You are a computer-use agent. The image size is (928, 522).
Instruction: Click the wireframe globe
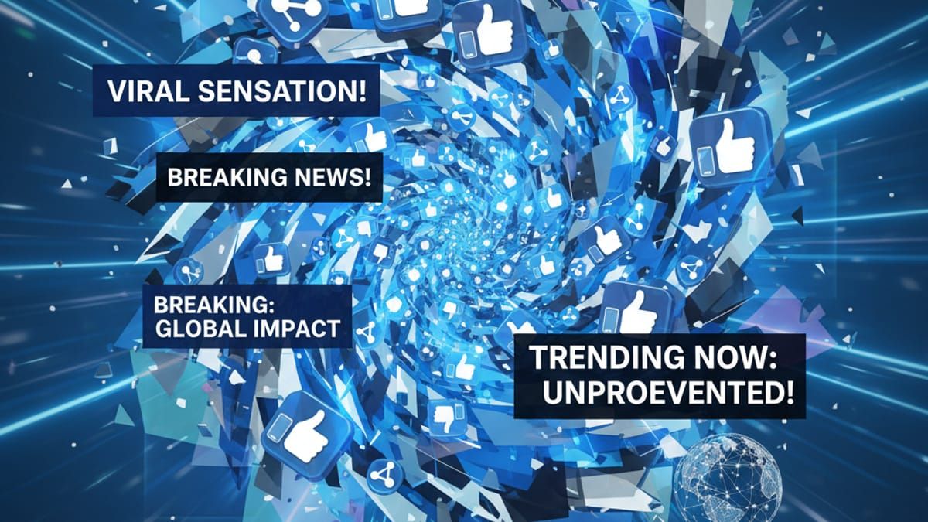pyautogui.click(x=728, y=476)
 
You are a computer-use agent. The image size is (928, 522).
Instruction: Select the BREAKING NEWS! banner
pyautogui.click(x=268, y=177)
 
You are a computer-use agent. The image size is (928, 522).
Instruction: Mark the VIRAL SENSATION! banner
pyautogui.click(x=237, y=91)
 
